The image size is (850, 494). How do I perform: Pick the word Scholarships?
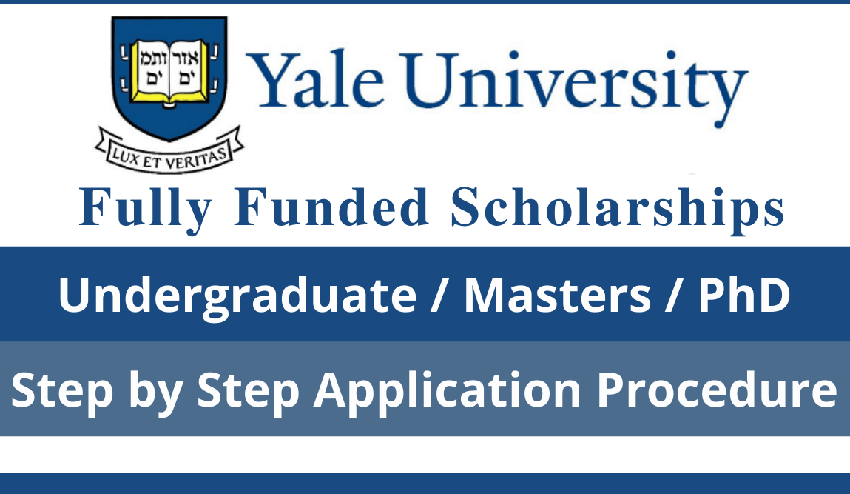tap(618, 208)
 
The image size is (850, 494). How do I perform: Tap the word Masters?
tap(557, 295)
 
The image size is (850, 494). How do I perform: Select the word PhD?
tap(743, 295)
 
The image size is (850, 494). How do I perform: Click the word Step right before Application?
tap(247, 390)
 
